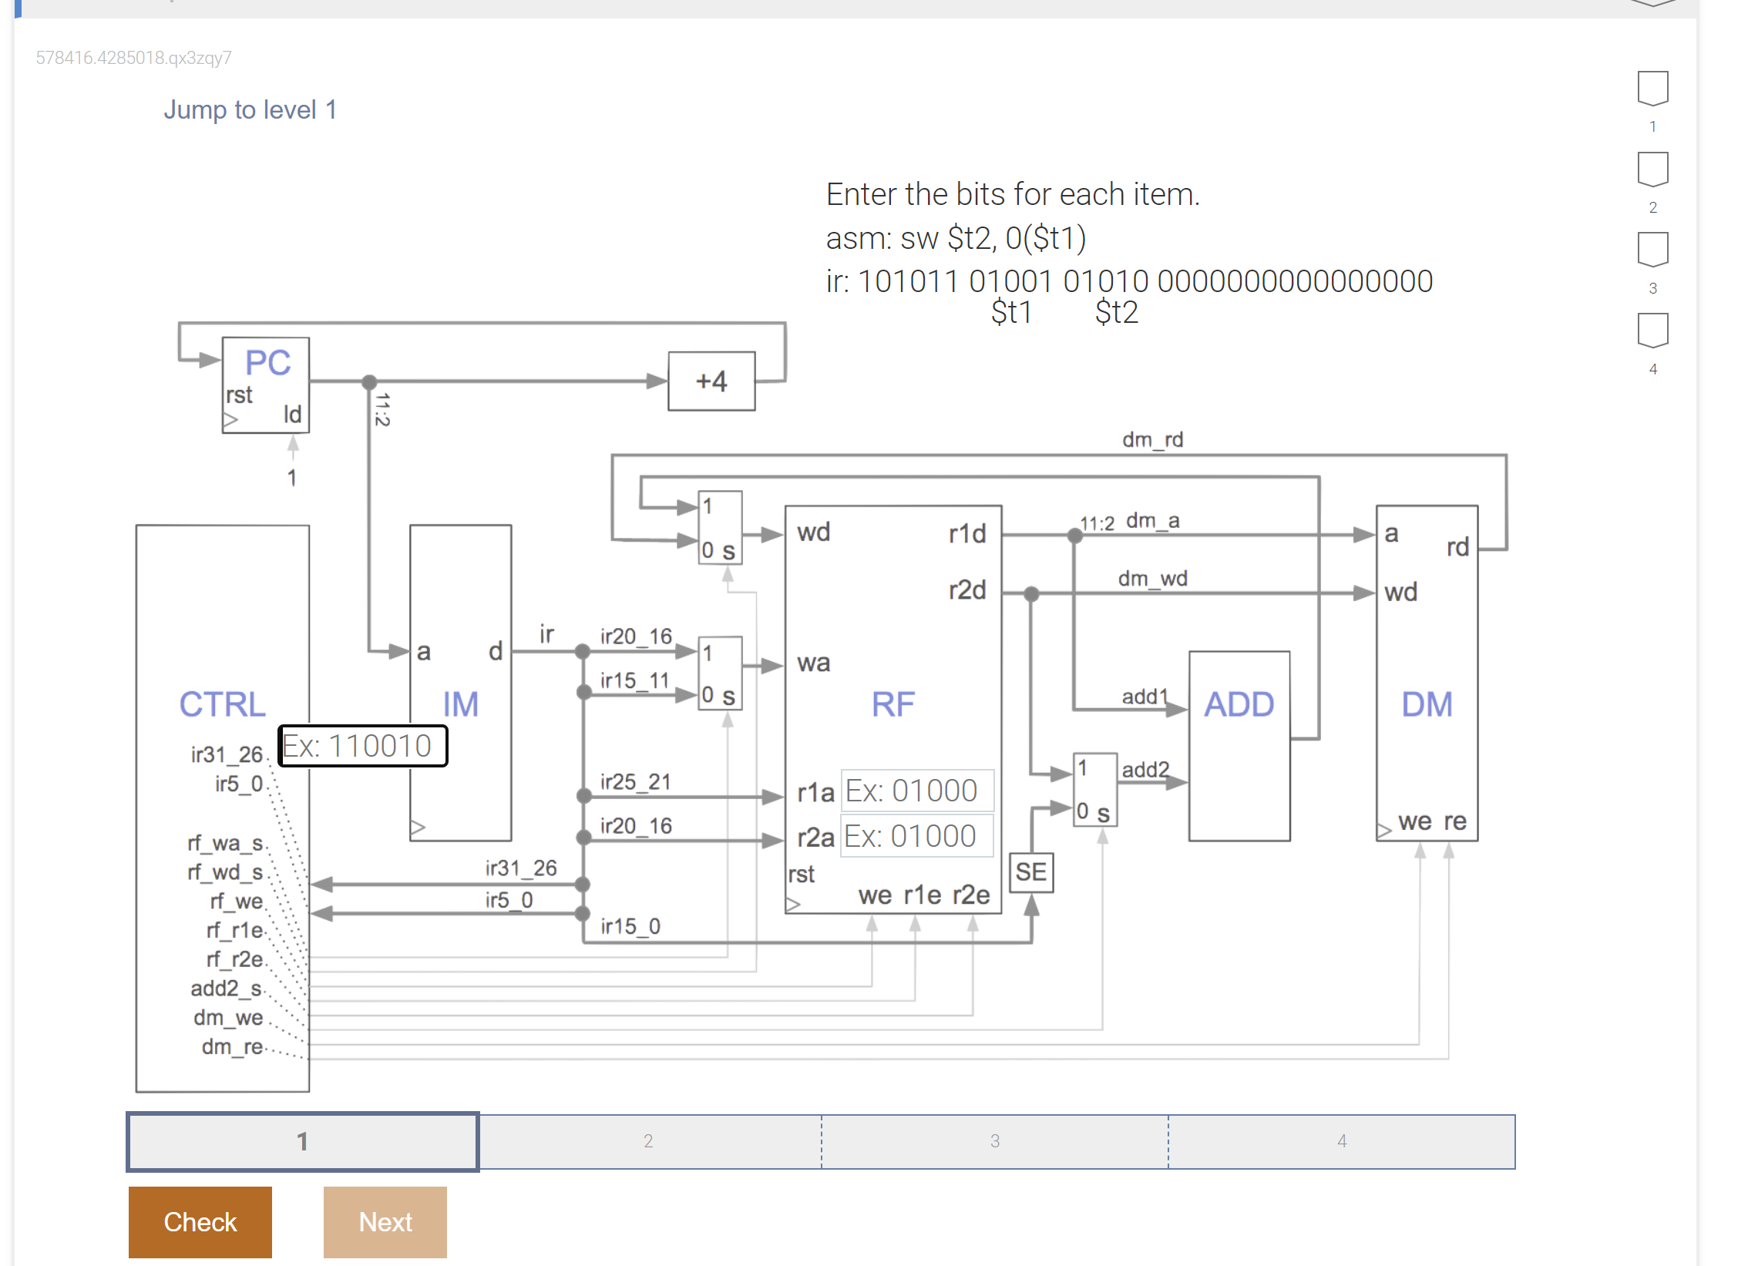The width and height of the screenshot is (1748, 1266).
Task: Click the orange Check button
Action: pos(200,1221)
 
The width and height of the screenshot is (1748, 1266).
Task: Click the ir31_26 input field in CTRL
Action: pos(362,746)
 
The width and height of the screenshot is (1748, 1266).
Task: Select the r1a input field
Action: pos(916,791)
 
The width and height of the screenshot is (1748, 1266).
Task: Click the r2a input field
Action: pos(916,836)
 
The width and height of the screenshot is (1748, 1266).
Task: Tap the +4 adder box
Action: pos(711,381)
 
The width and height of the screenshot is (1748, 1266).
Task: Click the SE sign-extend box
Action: pos(1030,872)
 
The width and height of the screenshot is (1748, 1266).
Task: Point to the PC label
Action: pos(267,362)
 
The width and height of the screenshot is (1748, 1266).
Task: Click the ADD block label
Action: pos(1239,704)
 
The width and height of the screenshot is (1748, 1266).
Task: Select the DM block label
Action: pos(1426,704)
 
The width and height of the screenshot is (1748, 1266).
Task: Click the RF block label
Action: pos(892,704)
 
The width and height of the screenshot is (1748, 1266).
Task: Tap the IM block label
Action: pos(460,704)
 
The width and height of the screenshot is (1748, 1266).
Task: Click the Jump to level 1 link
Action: pos(250,110)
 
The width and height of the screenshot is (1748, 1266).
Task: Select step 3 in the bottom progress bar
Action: pos(994,1141)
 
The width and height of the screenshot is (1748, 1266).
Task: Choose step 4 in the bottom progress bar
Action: pos(1341,1141)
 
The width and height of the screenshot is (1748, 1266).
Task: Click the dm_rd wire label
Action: pos(1152,440)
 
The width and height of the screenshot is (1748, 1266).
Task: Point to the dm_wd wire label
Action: pos(1152,579)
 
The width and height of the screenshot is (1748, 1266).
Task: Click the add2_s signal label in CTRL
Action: pos(226,989)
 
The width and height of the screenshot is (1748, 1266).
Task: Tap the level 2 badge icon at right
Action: pos(1652,170)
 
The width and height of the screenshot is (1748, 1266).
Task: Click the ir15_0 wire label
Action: pos(630,926)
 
